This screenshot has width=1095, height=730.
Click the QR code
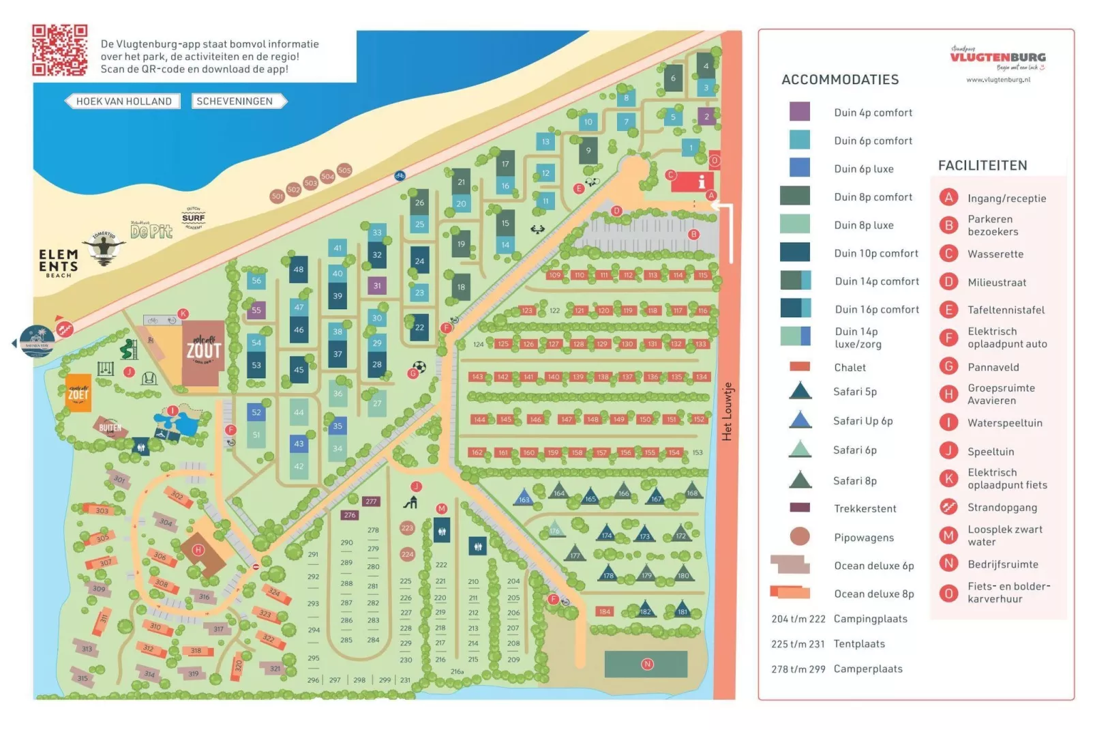(60, 50)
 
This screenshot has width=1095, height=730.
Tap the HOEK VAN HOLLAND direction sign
(123, 101)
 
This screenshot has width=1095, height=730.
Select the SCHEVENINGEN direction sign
(235, 101)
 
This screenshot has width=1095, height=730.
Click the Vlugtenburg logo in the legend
(997, 58)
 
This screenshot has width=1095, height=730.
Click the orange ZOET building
(78, 393)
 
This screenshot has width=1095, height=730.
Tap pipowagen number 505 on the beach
(344, 170)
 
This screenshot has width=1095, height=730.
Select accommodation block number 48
(299, 269)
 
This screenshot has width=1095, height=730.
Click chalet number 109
(555, 275)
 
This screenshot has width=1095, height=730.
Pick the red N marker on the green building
(647, 664)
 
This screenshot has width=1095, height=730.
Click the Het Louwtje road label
(727, 411)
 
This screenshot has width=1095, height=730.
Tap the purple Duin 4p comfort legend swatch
(799, 112)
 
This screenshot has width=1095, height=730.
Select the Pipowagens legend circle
(799, 537)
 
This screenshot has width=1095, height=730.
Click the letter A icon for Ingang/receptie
(948, 198)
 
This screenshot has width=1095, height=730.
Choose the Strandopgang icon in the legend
(948, 507)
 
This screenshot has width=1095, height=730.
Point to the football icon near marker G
(420, 367)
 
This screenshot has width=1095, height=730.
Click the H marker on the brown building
(198, 550)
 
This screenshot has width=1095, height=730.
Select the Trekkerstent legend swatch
(799, 508)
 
